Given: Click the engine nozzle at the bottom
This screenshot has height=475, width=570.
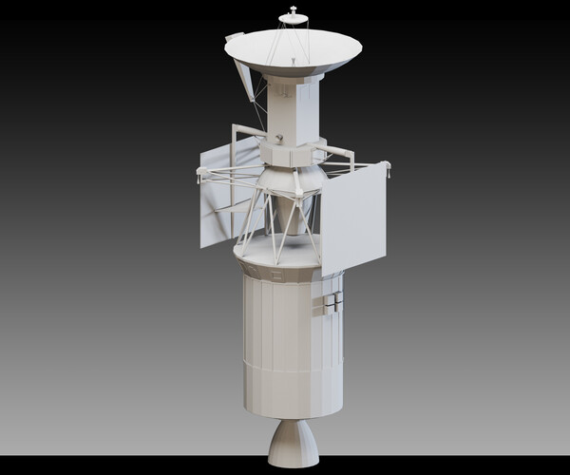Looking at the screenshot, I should click(294, 444).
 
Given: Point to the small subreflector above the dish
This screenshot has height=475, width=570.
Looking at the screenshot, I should click(294, 16).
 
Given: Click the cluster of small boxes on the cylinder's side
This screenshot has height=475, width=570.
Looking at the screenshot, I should click(332, 302).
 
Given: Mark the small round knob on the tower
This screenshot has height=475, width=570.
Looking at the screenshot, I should click(279, 139).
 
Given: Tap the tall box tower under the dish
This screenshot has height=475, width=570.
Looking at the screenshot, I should click(294, 109).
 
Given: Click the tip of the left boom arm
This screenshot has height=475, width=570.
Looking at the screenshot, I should click(200, 172).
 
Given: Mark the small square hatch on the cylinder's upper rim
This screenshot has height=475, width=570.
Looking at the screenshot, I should click(275, 275).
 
